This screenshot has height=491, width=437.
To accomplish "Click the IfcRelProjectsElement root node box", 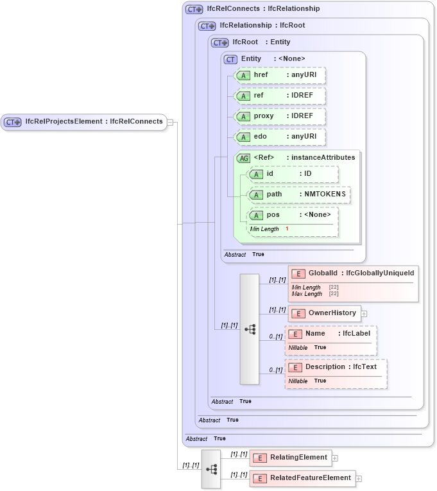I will pos(84,121).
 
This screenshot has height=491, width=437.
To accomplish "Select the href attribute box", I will pos(280,75).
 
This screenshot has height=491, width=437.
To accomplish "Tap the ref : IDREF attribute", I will pos(280,96).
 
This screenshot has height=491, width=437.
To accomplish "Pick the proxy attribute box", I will pos(280,116).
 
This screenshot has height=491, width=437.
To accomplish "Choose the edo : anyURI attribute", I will pos(280,137).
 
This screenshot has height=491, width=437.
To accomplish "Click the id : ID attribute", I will pos(293,175).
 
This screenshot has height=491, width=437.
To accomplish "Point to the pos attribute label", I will pos(274,215).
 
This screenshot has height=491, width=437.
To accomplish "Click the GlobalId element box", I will pos(353,273).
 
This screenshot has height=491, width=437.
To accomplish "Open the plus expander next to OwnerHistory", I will pos(364,314).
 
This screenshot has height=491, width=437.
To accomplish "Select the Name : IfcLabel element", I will pos(330,334).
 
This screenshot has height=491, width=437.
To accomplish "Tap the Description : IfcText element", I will pos(336,367).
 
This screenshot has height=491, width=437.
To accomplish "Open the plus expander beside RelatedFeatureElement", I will pos(359,479).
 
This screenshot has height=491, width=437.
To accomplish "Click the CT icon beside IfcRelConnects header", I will pos(194,10).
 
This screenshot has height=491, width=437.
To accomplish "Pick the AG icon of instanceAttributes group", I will pos(244,159).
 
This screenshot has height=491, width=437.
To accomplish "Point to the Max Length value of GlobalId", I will pos(334,294).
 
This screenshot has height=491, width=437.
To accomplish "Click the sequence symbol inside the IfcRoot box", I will pos(250,329).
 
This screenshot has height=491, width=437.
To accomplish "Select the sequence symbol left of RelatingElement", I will pos(210,469).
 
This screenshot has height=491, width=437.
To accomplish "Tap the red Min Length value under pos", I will pos(287,229).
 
